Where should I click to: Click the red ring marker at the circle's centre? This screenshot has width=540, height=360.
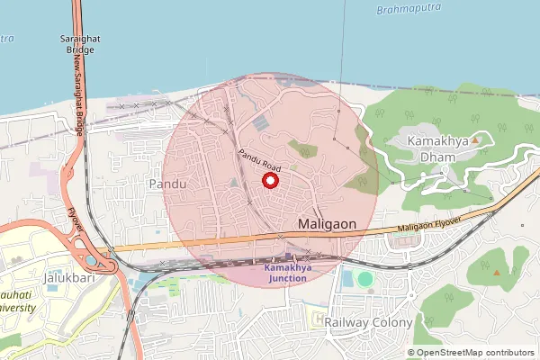[x=269, y=181]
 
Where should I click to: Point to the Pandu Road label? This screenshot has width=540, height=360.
[x=261, y=162]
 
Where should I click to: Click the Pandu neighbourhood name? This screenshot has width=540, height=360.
[x=167, y=184]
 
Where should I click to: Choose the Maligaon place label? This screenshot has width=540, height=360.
[x=327, y=222]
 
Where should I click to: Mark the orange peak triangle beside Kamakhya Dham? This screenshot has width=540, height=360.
[x=475, y=139]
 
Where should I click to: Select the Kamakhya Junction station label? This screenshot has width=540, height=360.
[x=285, y=273]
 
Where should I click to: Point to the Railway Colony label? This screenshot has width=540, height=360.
[x=368, y=321]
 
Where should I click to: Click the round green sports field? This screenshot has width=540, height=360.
[x=364, y=280]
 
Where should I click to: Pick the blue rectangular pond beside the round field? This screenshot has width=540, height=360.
[x=347, y=279]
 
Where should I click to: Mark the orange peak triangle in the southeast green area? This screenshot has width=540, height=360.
[x=496, y=272]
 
